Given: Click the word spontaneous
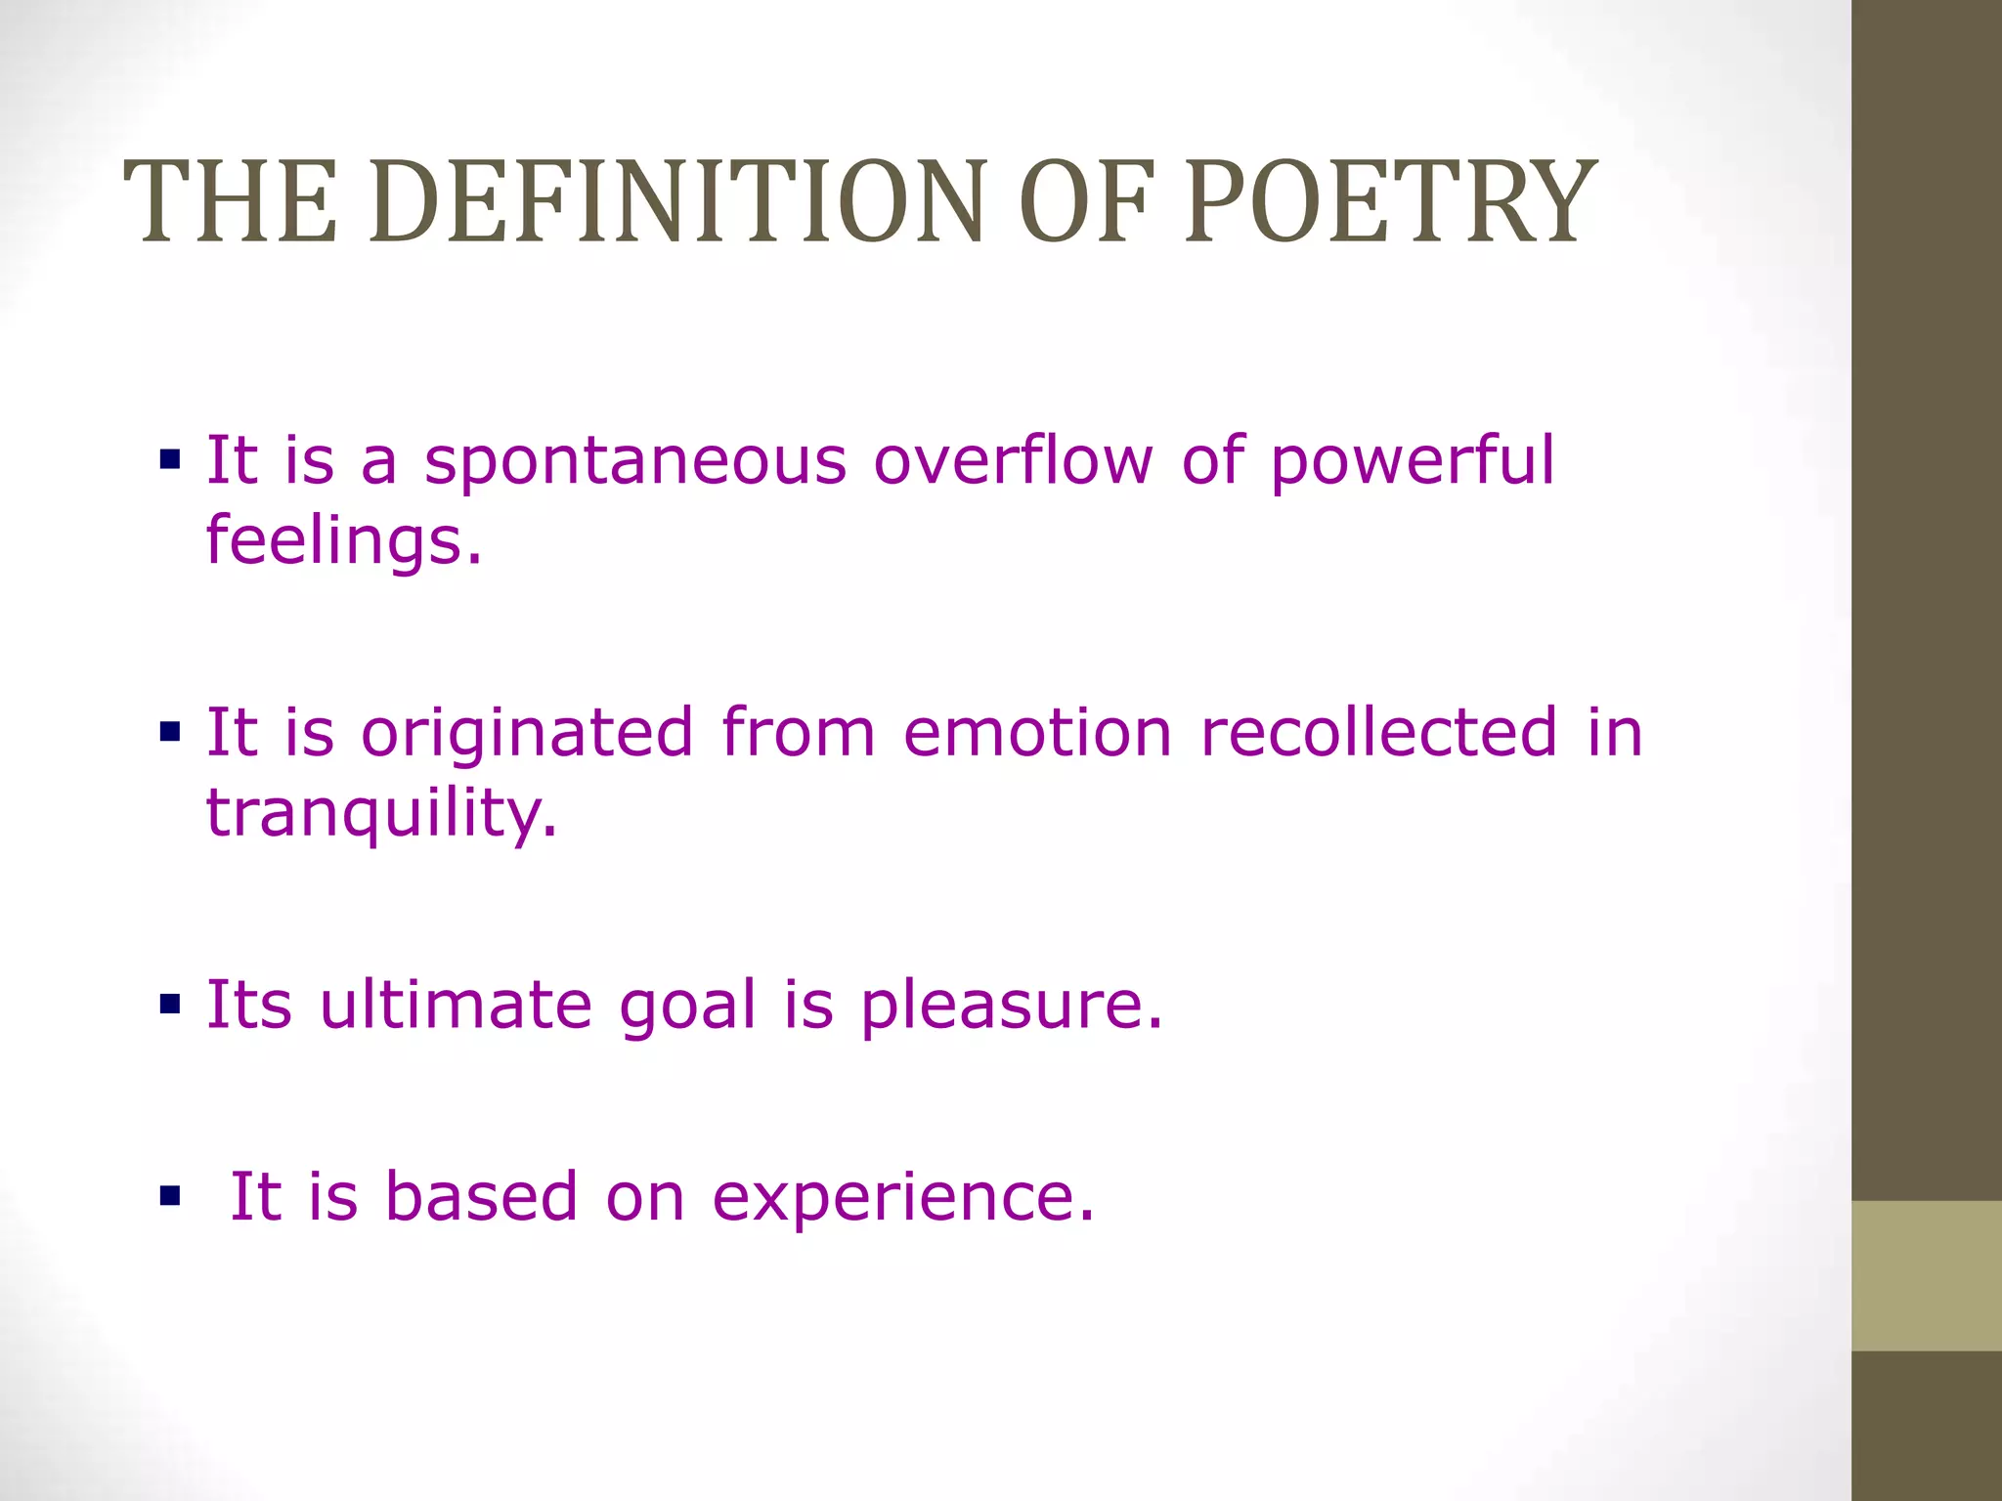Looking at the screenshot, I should [x=634, y=463].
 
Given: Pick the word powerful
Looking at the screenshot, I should [x=1411, y=463].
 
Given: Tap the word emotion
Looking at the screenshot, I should [x=1036, y=733].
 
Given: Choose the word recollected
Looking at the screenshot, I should [x=1378, y=733].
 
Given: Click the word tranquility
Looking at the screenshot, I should [x=381, y=813].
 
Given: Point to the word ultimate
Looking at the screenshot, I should [x=456, y=1005].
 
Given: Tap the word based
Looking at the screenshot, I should [x=481, y=1196].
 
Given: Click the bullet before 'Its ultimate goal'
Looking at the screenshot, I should [x=170, y=1004].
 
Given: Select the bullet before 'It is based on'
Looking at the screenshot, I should [x=170, y=1195].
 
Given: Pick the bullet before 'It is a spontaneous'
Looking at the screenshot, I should [x=170, y=459].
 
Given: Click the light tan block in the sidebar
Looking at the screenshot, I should [x=1926, y=1275].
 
